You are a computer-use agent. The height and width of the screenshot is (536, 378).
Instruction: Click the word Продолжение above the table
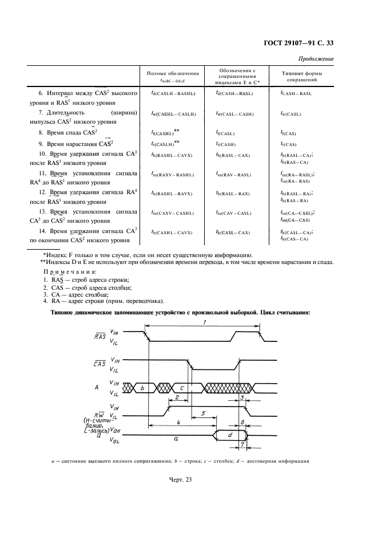317,60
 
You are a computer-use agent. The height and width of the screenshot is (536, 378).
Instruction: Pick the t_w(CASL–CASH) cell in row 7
234,114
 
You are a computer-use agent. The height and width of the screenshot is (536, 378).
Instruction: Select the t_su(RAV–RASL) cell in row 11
233,175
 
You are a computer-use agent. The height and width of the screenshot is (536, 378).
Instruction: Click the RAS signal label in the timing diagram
100,336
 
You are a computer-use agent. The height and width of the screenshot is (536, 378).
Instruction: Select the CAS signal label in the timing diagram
100,364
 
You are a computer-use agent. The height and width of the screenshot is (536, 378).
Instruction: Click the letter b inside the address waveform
142,388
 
